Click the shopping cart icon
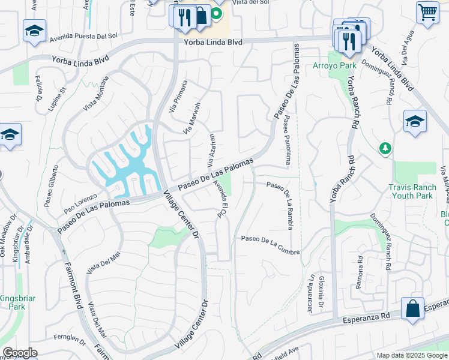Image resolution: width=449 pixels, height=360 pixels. tap(427, 11)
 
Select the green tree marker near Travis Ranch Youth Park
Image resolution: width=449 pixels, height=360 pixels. tap(384, 148)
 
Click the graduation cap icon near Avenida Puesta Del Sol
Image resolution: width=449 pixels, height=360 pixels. tap(34, 31)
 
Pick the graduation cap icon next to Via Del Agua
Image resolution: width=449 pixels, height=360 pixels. tap(415, 121)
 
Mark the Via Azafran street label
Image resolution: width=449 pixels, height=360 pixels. tap(211, 151)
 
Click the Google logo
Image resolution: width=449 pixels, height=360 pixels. tap(20, 353)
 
